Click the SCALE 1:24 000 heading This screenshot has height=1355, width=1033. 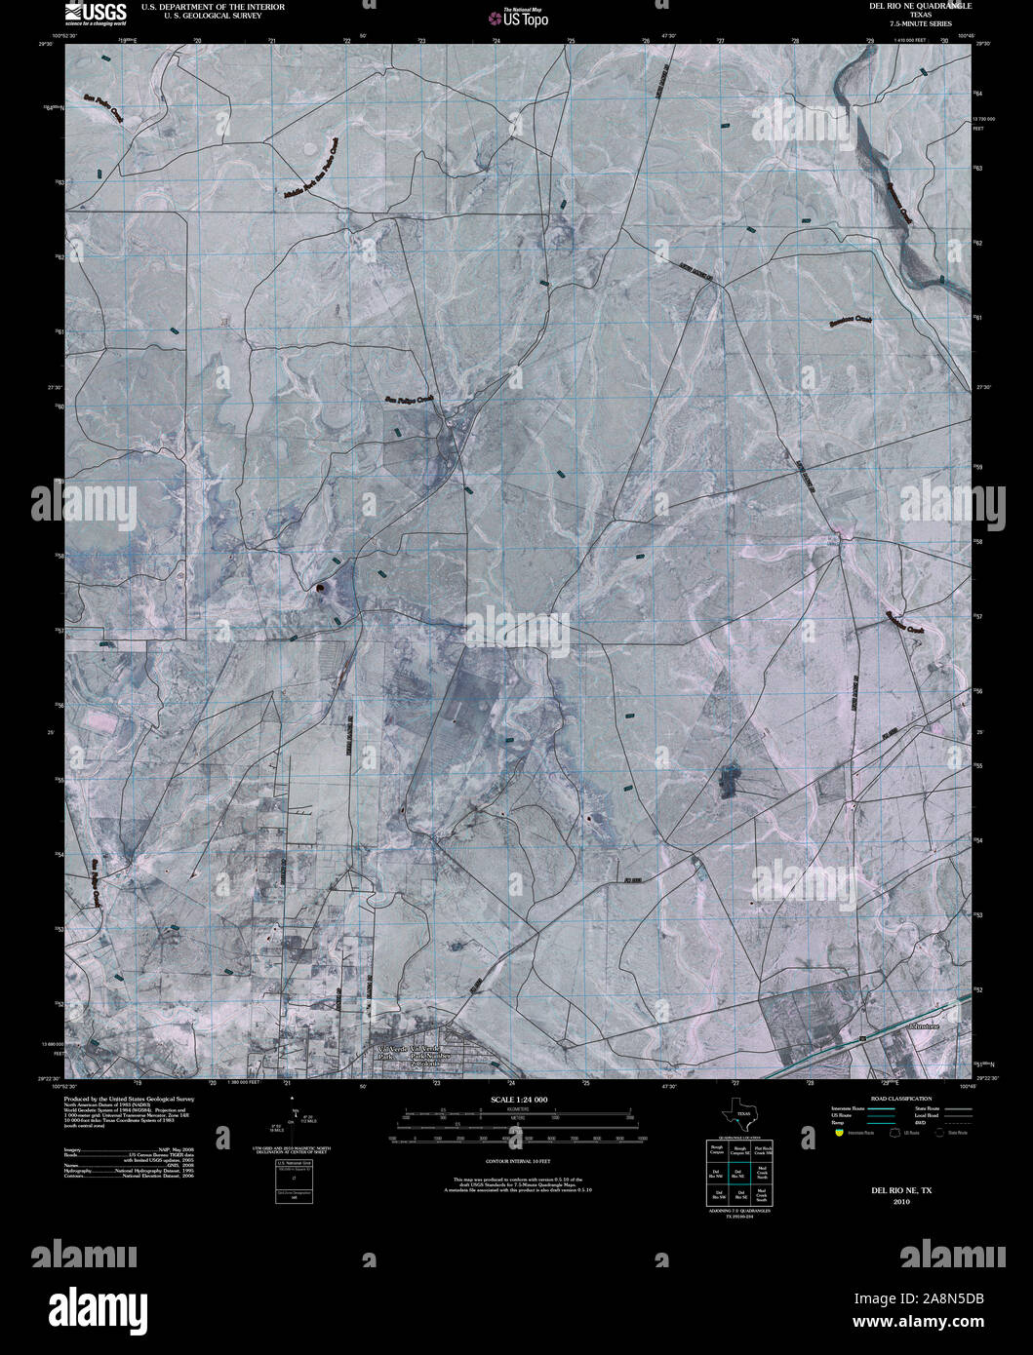pos(516,1099)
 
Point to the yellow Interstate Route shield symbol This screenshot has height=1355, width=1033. pos(839,1133)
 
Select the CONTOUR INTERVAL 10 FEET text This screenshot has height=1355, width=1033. pos(516,1163)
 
